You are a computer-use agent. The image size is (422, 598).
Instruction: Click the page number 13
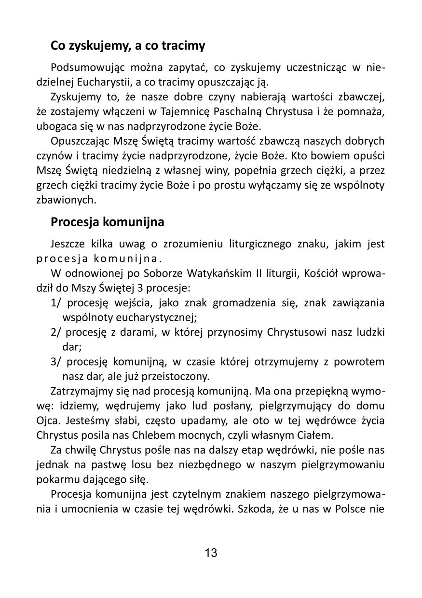coord(211,553)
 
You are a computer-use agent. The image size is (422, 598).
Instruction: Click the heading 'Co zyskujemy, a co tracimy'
coord(128,46)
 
